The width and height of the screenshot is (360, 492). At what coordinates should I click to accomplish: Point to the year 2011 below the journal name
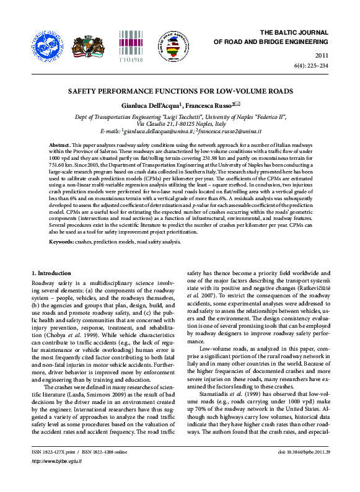point(322,56)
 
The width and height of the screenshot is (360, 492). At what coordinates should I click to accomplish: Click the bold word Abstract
point(59,144)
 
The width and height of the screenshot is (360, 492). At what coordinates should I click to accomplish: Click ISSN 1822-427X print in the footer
point(55,470)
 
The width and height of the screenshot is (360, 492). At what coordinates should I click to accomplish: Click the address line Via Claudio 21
point(180,124)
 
